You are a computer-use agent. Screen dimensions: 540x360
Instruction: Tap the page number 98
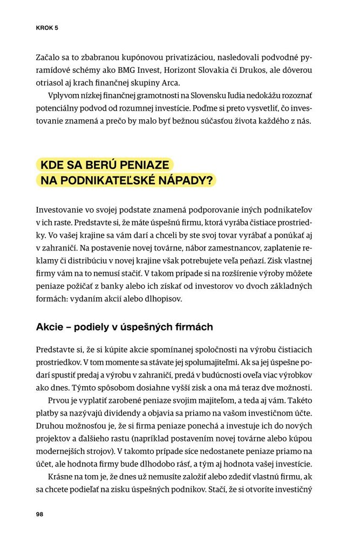click(x=39, y=514)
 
